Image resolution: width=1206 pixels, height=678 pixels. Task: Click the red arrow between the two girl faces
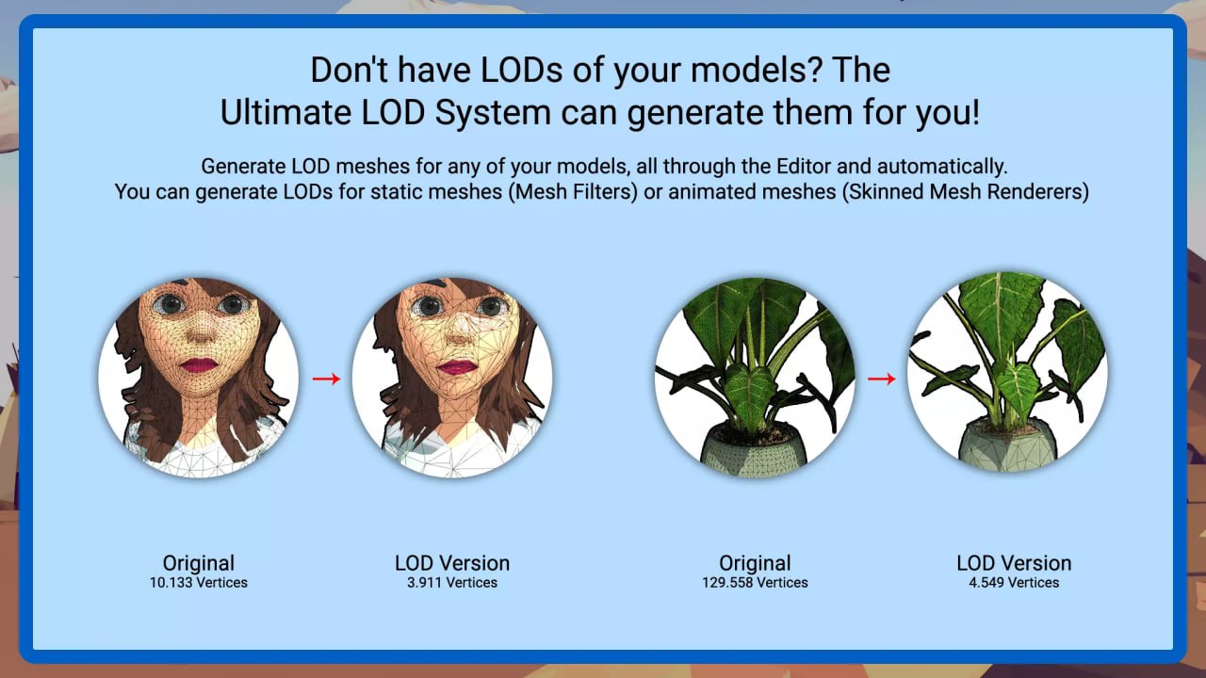pos(325,379)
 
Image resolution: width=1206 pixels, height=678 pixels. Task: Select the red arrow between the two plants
pos(881,379)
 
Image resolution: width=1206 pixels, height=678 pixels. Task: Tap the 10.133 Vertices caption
pos(198,583)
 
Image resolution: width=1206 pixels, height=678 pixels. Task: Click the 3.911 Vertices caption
pos(452,583)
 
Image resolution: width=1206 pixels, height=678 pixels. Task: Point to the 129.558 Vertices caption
pos(755,583)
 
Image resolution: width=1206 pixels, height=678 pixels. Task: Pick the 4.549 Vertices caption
pos(1014,583)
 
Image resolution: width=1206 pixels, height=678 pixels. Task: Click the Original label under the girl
pos(198,563)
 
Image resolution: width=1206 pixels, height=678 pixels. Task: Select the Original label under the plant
pos(755,563)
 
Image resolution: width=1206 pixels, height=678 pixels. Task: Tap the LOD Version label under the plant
pos(1014,563)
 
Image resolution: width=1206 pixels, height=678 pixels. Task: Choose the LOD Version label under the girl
pos(452,563)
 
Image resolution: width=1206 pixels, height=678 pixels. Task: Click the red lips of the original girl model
pos(199,364)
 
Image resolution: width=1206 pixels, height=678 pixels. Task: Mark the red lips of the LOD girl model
pos(457,366)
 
